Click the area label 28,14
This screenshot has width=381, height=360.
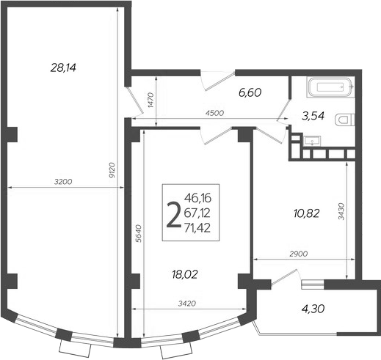pos(64,68)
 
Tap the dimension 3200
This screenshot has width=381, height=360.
pos(63,180)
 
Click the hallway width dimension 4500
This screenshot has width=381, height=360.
pos(214,112)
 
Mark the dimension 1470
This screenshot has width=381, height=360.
pos(150,100)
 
